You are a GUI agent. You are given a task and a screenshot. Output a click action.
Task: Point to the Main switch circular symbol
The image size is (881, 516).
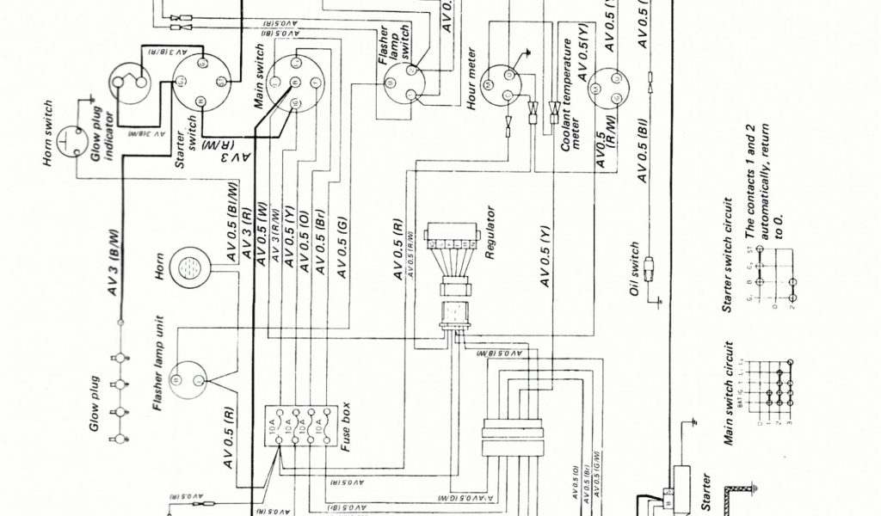click(x=294, y=83)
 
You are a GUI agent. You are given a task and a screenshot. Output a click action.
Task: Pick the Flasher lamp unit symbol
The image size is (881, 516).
click(x=190, y=378)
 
